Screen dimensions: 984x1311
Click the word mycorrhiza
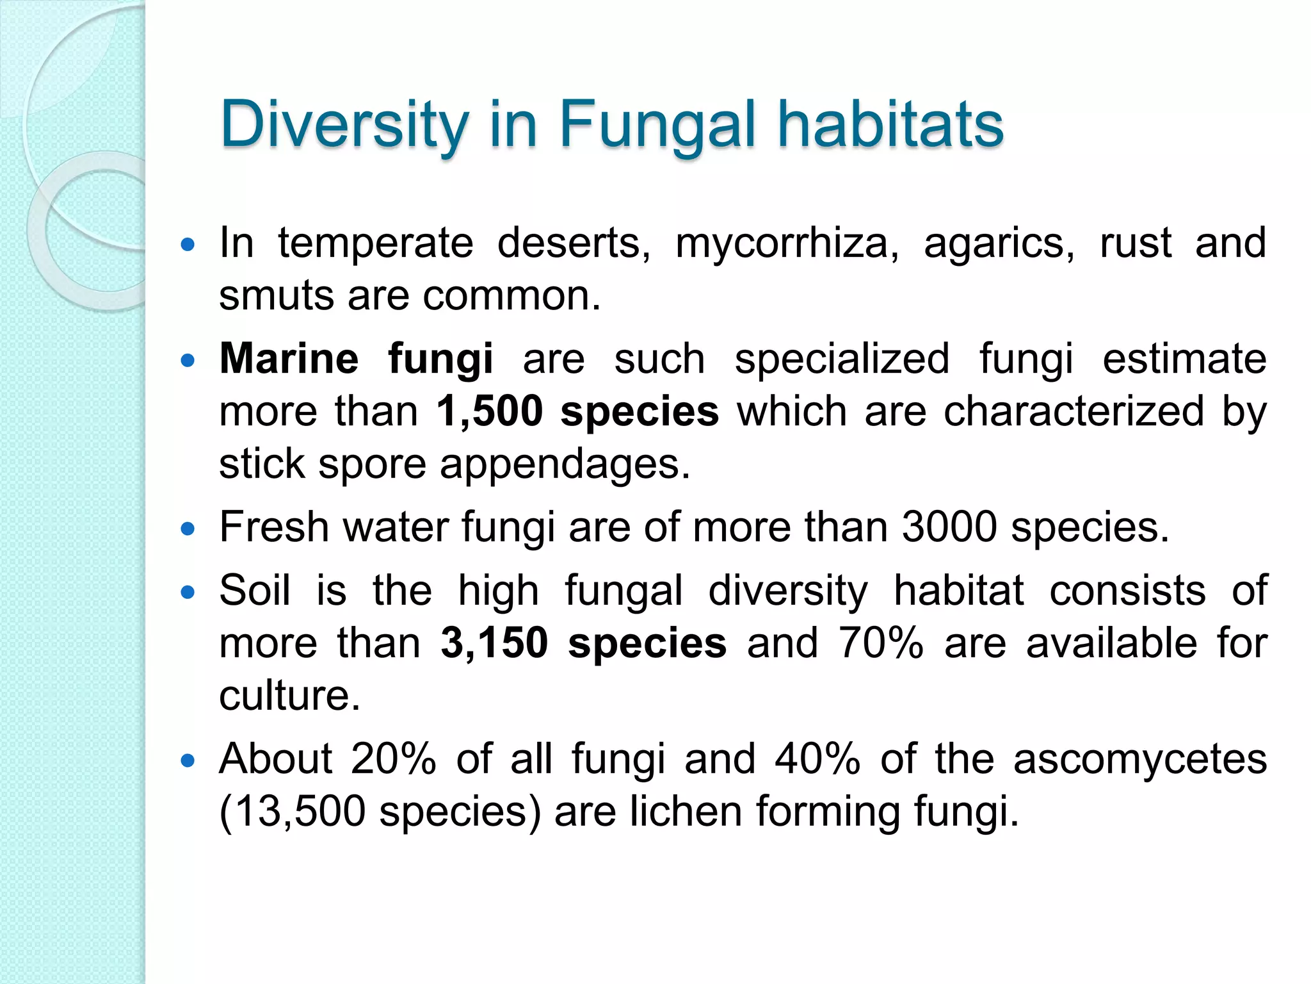(787, 244)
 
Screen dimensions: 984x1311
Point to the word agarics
(999, 244)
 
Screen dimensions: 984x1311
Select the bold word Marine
(289, 359)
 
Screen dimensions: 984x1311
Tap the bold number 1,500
(490, 411)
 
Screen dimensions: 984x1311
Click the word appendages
(565, 464)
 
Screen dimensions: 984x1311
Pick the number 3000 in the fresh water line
(949, 527)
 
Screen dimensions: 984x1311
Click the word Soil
(254, 590)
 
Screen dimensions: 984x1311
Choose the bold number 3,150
(494, 643)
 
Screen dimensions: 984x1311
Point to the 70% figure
(881, 643)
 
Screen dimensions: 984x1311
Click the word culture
(289, 696)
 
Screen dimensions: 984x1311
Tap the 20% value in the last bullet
(393, 759)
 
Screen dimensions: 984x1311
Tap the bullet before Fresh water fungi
(188, 529)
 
